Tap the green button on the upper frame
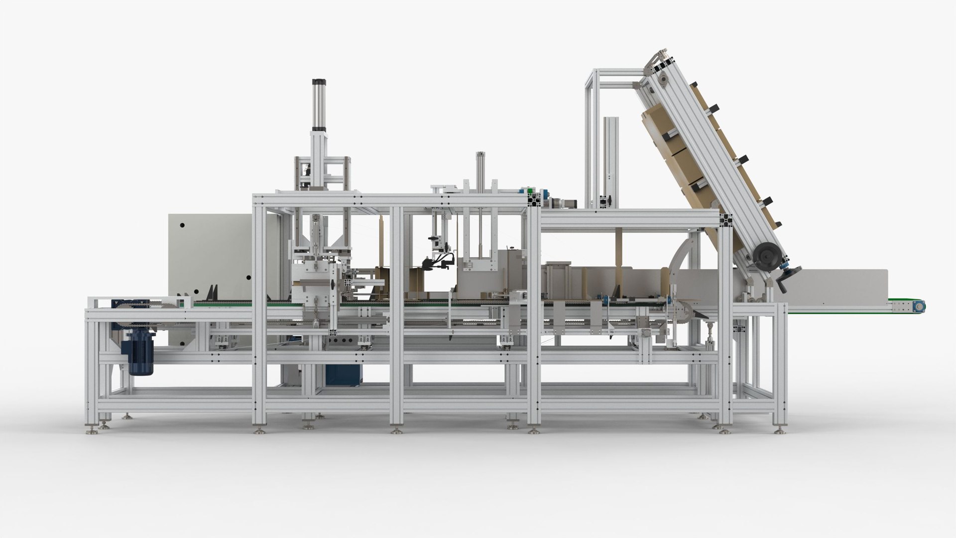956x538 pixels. [532, 190]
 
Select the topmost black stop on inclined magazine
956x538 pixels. [715, 107]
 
